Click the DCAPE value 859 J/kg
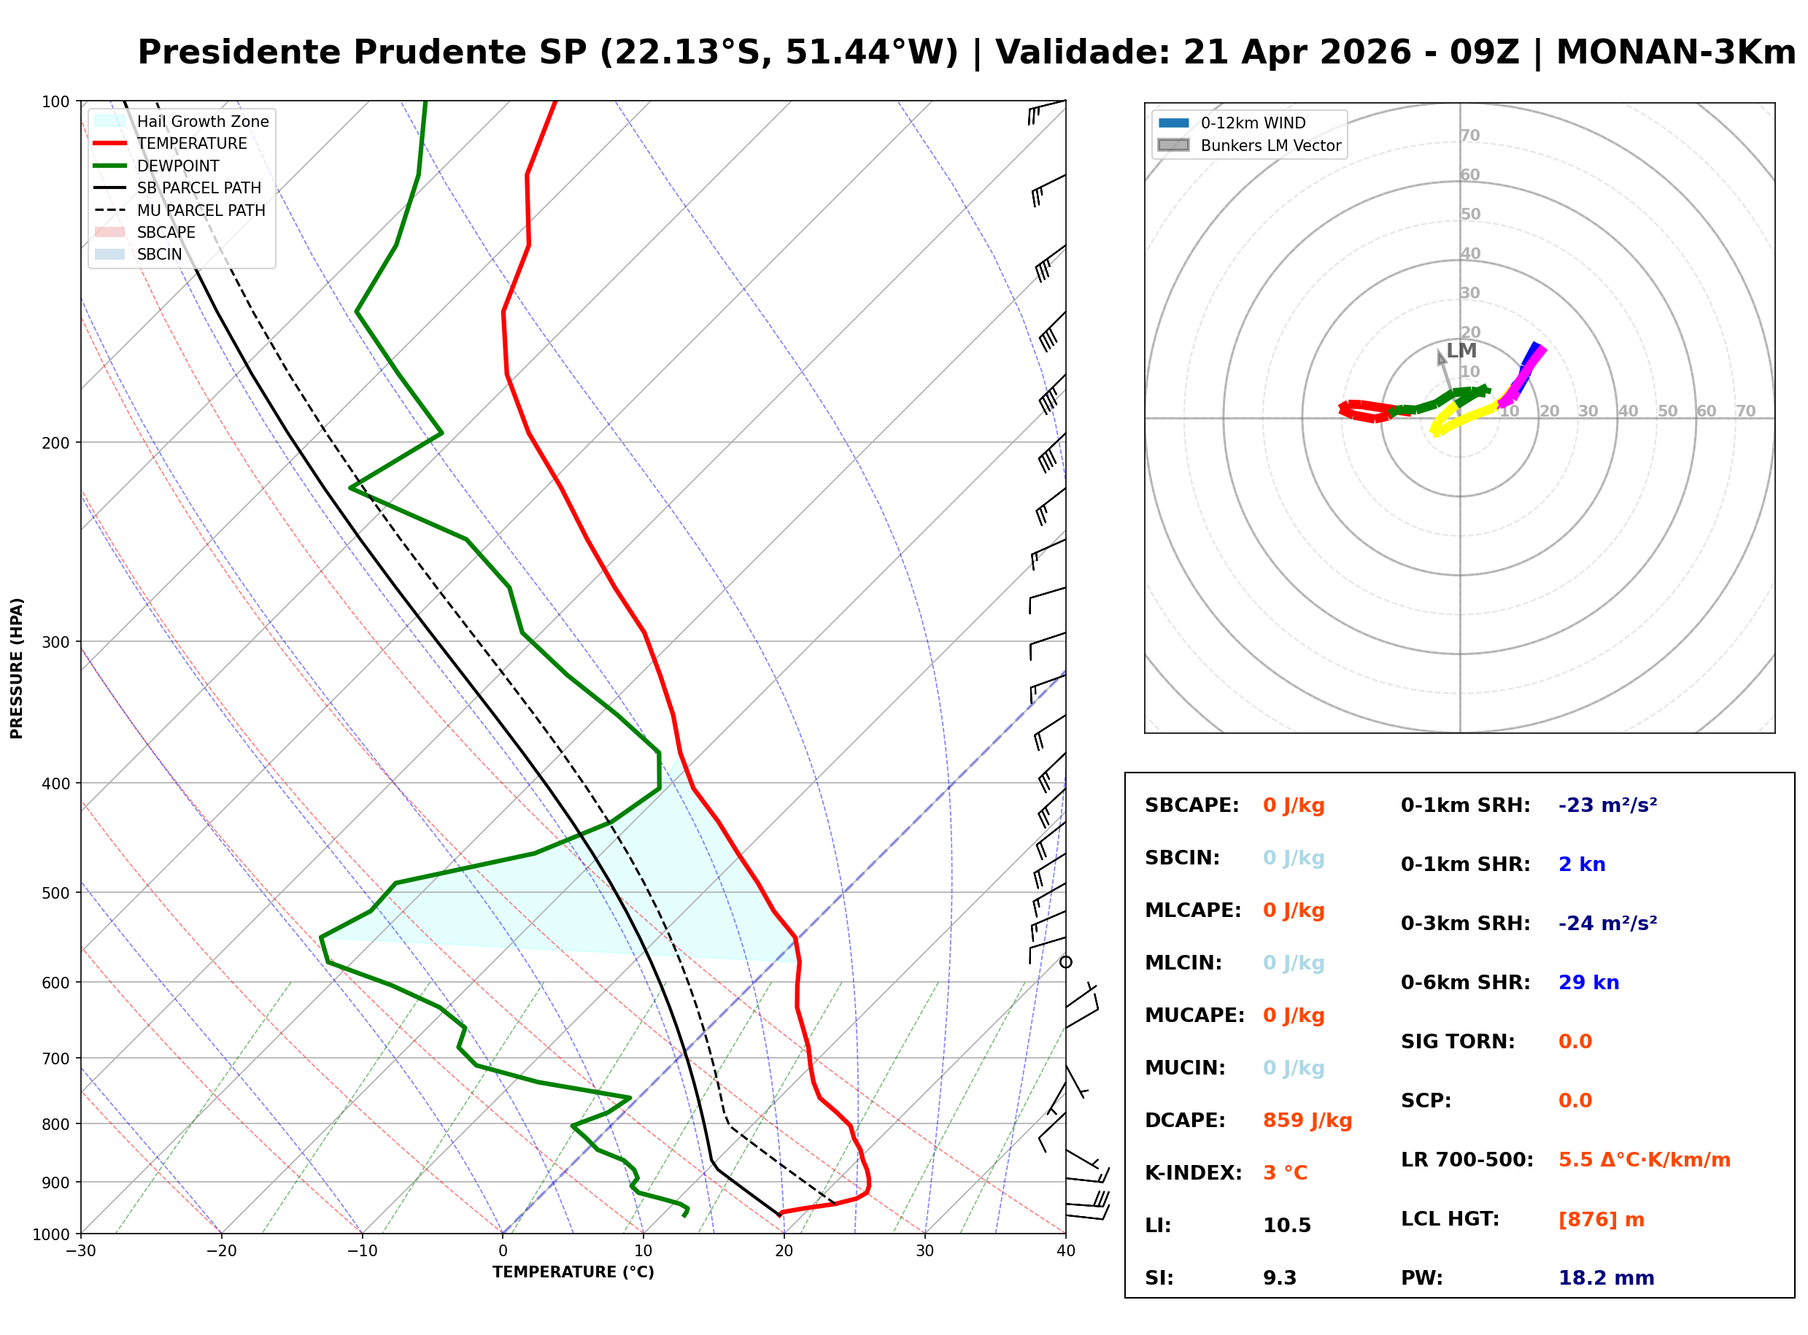(x=1307, y=1121)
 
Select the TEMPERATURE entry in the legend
(x=192, y=144)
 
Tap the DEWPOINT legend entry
(x=178, y=166)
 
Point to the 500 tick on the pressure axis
(x=55, y=893)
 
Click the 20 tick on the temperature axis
(x=784, y=1251)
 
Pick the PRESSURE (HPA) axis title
(x=17, y=668)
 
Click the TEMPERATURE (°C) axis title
(x=573, y=1272)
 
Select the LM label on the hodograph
(x=1461, y=351)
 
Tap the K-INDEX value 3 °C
(x=1285, y=1173)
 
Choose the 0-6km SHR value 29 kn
(x=1588, y=983)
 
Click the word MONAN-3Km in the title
(x=1675, y=53)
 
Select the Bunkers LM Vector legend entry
(x=1270, y=145)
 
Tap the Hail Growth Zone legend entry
(x=202, y=121)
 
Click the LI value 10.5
(x=1287, y=1226)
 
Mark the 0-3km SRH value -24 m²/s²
(x=1607, y=924)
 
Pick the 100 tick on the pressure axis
(x=55, y=102)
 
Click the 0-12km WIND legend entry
(x=1253, y=123)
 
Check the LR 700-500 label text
(x=1466, y=1161)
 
